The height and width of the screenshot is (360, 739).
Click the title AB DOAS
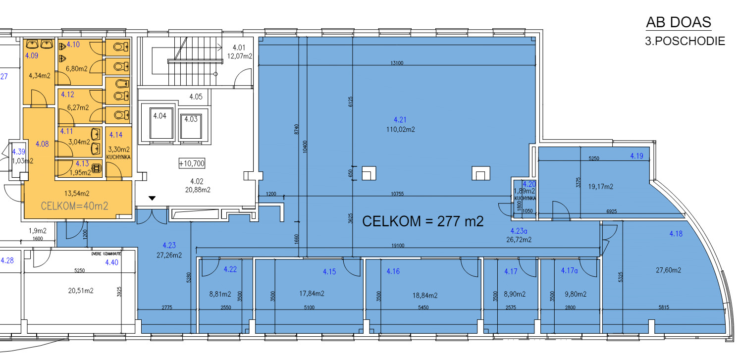[678, 22]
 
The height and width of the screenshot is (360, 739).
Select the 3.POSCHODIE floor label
[685, 41]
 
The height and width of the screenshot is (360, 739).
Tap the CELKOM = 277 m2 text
[422, 221]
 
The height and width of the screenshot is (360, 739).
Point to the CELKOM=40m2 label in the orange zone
[74, 206]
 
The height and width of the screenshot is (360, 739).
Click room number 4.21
[400, 120]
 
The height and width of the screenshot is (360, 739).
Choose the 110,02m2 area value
[401, 129]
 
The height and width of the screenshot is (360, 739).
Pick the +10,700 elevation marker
[192, 163]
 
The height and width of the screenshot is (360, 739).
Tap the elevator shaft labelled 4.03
[191, 126]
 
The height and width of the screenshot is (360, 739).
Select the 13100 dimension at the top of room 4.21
[397, 63]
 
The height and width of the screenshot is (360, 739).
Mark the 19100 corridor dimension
[398, 246]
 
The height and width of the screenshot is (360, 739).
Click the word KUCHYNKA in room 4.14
[118, 157]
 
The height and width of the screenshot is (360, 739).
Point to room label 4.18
[676, 234]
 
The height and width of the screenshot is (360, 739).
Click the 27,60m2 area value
[668, 270]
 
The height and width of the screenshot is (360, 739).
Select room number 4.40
[111, 262]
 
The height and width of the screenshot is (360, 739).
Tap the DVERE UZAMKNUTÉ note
[106, 254]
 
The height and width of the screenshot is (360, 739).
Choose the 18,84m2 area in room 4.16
[425, 296]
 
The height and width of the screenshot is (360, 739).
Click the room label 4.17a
[569, 271]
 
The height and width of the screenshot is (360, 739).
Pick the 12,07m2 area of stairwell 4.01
[240, 56]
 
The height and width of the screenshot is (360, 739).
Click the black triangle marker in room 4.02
[152, 198]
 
